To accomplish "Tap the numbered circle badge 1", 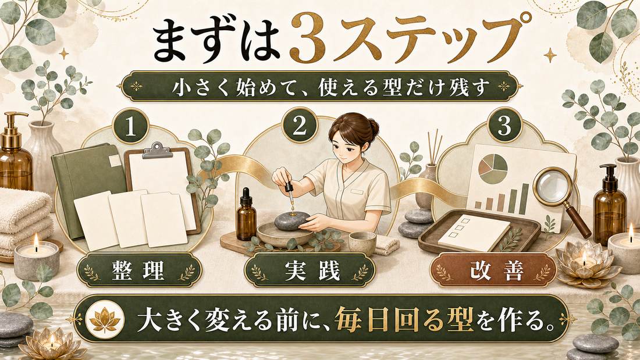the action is (130, 127).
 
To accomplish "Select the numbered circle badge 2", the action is (300, 125).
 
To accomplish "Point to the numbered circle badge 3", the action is (505, 125).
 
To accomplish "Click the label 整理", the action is (138, 270).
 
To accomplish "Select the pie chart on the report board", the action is (493, 169).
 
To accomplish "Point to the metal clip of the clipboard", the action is (157, 150).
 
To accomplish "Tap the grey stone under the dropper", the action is (291, 221).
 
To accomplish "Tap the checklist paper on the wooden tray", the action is (474, 233).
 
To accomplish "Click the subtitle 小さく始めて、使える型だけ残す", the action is (321, 87).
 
